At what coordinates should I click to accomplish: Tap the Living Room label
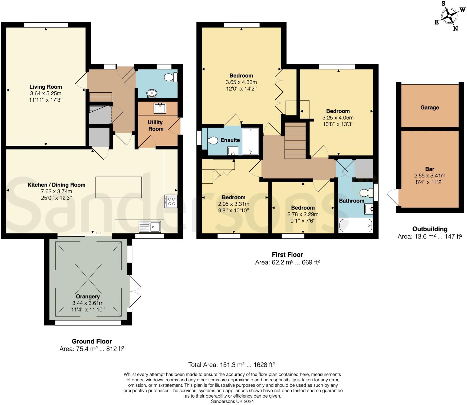(46, 87)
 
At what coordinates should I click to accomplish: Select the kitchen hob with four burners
(171, 201)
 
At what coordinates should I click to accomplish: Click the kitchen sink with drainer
(150, 227)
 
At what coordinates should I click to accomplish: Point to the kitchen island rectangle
(119, 187)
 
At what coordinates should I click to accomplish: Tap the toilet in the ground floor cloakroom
(170, 77)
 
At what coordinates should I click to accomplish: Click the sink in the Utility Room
(160, 108)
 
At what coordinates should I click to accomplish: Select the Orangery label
(88, 297)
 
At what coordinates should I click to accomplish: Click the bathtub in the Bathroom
(355, 225)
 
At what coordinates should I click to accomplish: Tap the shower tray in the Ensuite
(251, 141)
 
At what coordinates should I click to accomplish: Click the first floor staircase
(295, 140)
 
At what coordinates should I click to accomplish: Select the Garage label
(429, 107)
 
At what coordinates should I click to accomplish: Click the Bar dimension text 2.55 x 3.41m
(429, 176)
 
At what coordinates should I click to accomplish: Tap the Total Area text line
(231, 365)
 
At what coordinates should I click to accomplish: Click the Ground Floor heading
(92, 341)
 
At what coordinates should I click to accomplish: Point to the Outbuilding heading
(429, 229)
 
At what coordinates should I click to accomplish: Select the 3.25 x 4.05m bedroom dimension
(338, 118)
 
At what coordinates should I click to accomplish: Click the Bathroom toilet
(366, 192)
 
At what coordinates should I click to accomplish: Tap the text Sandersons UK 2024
(232, 401)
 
